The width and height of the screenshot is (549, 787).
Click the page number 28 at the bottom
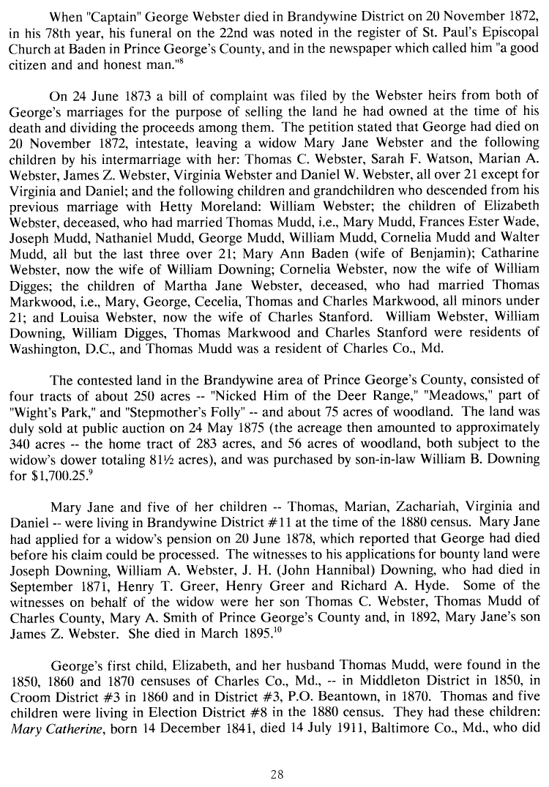tap(274, 775)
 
